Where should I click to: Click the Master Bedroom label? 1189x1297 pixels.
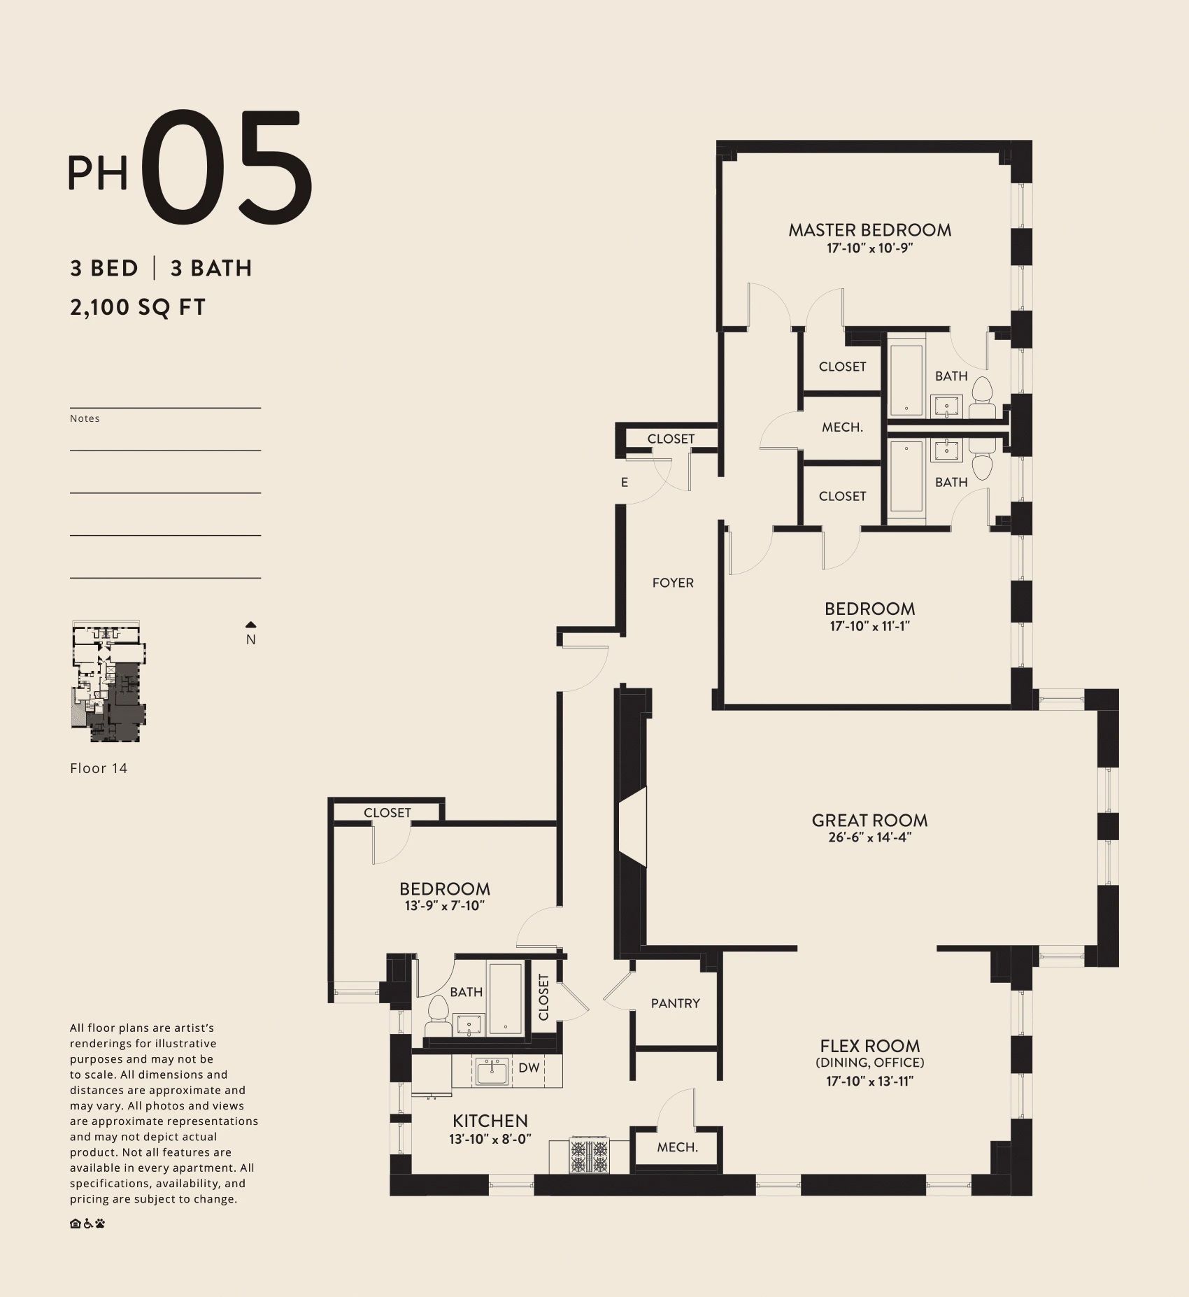[869, 230]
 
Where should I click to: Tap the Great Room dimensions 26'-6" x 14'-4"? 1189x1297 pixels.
[869, 837]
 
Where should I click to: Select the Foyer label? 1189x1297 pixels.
[673, 583]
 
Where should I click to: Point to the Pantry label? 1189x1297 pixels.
[675, 1004]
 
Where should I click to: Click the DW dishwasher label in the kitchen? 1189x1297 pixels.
[529, 1068]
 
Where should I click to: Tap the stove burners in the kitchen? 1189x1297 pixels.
[589, 1156]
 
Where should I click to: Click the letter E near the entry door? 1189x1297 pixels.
[625, 483]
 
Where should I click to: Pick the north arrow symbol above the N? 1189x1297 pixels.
[251, 625]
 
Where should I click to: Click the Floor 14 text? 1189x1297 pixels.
[99, 768]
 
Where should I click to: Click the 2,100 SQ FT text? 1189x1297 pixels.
[138, 308]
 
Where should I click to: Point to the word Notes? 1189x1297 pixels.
[85, 419]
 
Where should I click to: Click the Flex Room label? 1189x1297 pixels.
[870, 1047]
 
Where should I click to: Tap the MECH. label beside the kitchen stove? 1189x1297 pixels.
[677, 1148]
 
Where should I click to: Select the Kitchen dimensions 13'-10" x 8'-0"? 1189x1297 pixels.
[490, 1140]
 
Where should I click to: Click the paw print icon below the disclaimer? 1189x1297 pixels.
[101, 1224]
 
